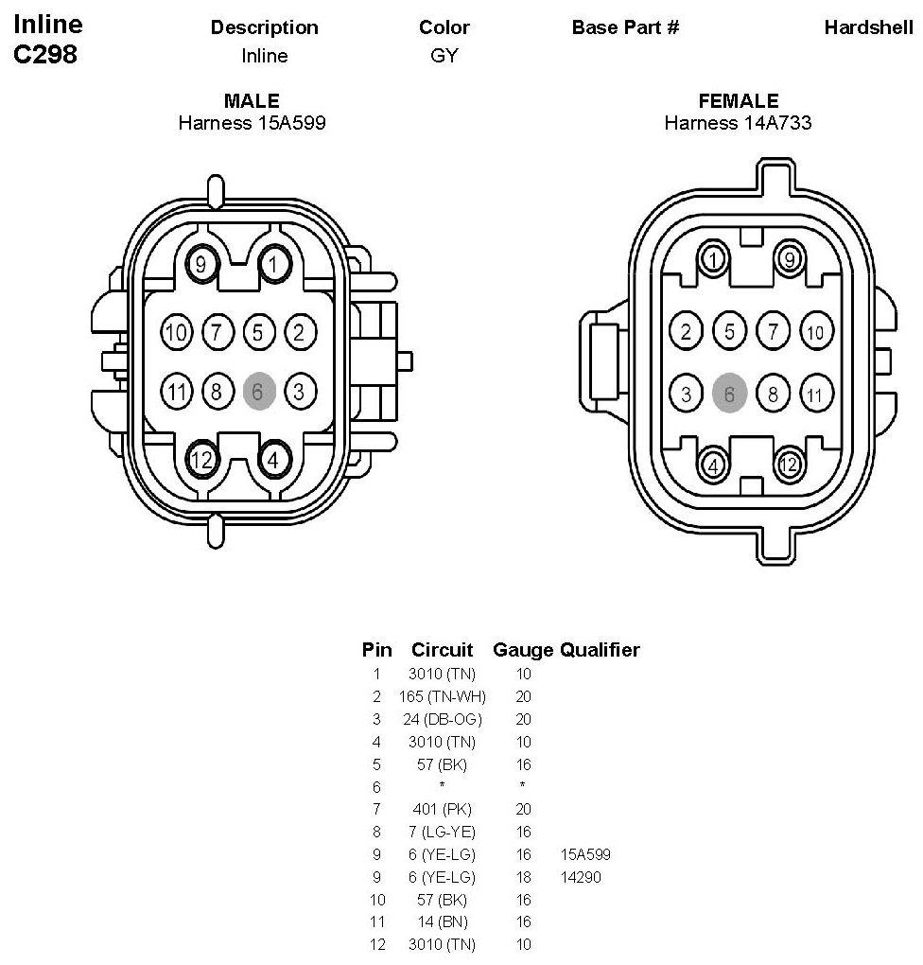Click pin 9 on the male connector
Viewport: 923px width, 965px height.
[200, 264]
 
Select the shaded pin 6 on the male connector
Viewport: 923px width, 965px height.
[258, 391]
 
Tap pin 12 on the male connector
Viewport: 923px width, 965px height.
[200, 461]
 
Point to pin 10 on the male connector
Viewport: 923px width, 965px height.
[177, 332]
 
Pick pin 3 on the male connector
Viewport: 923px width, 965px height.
[299, 391]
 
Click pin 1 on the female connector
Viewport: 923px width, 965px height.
[714, 258]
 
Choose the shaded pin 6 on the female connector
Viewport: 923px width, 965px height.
[729, 394]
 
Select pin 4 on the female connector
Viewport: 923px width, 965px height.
[714, 465]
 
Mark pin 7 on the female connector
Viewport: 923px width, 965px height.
[774, 332]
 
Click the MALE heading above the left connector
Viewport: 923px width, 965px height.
[252, 101]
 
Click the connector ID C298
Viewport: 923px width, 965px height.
[45, 55]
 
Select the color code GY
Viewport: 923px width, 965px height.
[444, 56]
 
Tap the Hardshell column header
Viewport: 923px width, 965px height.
[868, 27]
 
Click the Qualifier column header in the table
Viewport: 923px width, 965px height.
[600, 650]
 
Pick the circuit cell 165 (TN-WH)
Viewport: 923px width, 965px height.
[443, 697]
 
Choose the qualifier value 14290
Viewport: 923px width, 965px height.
[581, 877]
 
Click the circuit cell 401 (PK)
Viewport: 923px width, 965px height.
[443, 809]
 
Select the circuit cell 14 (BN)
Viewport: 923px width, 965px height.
[443, 921]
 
